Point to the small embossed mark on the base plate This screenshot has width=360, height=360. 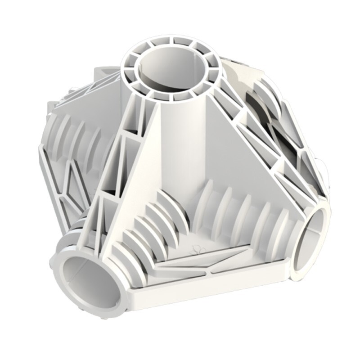pos(197,248)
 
